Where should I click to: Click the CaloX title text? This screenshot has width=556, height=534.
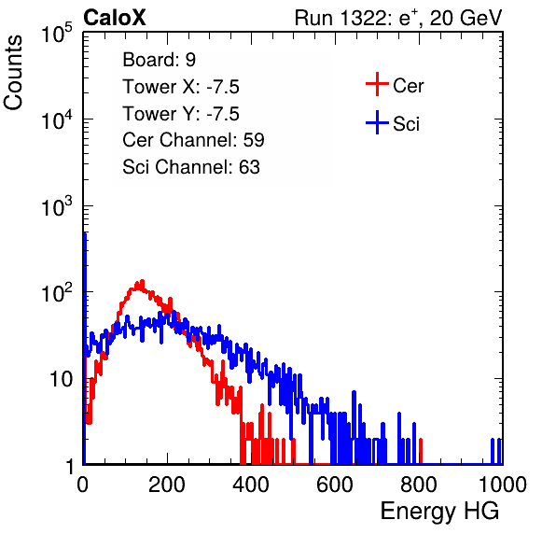[115, 18]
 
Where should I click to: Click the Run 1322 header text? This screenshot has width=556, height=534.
[398, 18]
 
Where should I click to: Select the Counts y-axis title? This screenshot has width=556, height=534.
[13, 73]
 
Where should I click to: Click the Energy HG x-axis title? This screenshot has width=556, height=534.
[439, 512]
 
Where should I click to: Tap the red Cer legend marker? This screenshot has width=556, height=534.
[377, 84]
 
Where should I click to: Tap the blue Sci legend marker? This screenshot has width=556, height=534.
[377, 122]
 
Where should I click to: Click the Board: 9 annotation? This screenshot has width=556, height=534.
[159, 60]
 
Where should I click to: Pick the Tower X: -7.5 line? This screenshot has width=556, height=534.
[181, 87]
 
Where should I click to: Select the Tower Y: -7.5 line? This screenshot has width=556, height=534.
[181, 114]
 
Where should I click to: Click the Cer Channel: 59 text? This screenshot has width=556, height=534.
[193, 140]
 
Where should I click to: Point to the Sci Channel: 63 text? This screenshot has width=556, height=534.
[191, 167]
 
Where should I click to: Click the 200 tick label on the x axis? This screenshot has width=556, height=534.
[167, 485]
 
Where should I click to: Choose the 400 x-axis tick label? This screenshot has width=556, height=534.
[251, 485]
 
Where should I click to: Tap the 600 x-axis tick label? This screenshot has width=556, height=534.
[335, 485]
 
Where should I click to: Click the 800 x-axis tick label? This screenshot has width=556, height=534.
[419, 485]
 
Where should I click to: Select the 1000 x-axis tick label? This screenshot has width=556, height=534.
[503, 485]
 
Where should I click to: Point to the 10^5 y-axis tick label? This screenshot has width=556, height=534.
[57, 34]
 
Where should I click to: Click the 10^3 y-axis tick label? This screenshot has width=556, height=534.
[57, 207]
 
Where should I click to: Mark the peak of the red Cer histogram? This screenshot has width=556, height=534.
[142, 281]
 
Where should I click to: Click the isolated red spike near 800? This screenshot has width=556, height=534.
[421, 451]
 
